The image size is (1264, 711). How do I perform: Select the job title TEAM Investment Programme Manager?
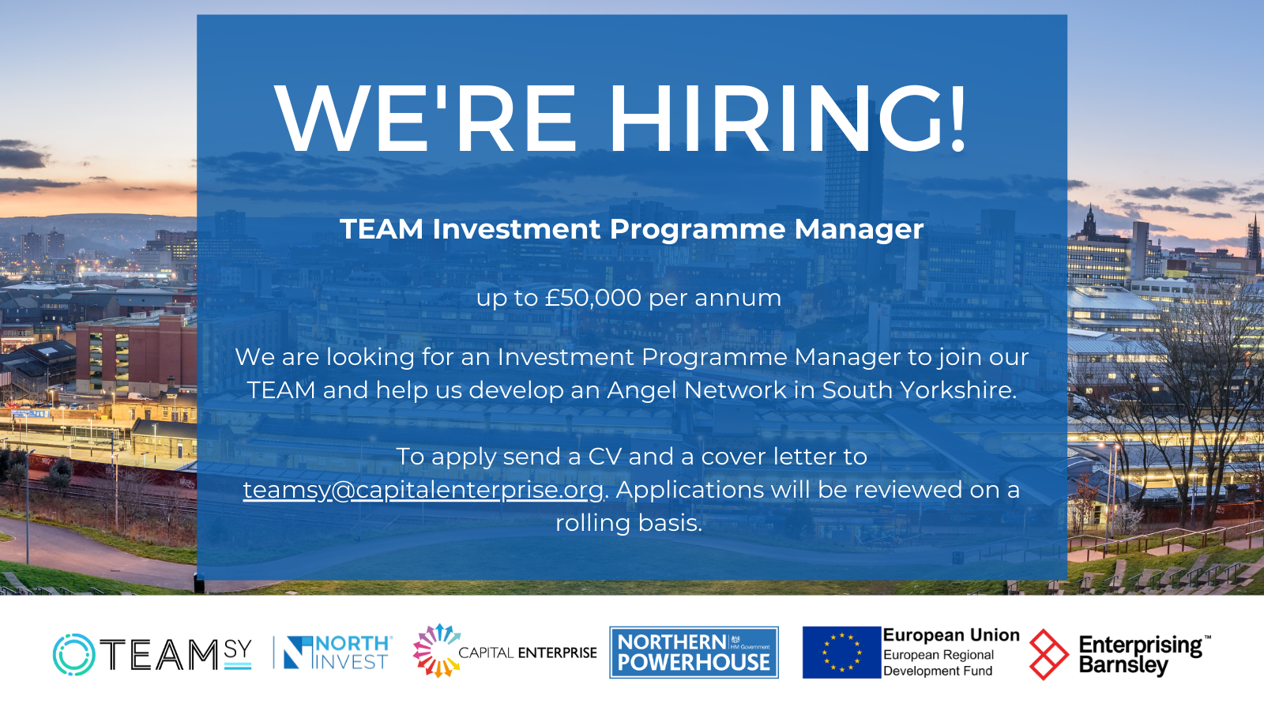click(631, 230)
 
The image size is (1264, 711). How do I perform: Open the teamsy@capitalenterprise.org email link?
click(423, 490)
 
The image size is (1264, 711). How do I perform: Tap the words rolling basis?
click(629, 522)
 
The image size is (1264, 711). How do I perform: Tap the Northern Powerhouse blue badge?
click(694, 653)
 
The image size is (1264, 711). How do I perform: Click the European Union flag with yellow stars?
click(841, 653)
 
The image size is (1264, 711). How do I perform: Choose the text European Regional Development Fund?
click(939, 663)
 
